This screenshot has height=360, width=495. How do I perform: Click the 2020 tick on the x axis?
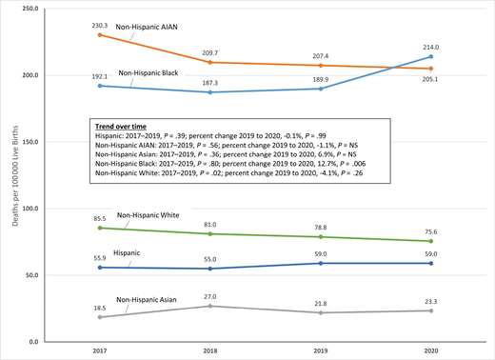(430, 351)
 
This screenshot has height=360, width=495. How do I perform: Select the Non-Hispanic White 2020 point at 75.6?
(430, 241)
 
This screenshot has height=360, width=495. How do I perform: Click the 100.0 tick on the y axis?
(30, 208)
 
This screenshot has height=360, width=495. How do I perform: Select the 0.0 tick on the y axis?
(33, 341)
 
